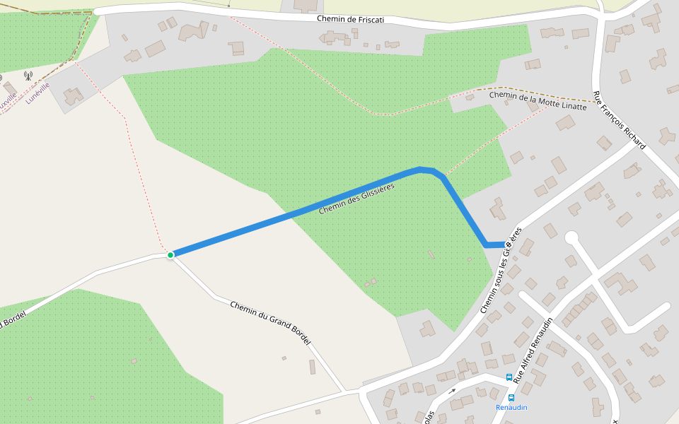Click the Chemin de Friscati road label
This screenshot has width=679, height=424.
tap(350, 20)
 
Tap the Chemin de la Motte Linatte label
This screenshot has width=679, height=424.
tap(538, 100)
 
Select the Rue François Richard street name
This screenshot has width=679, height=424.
tap(619, 120)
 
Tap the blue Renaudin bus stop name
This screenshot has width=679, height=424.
tap(511, 408)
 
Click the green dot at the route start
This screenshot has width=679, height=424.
tap(170, 254)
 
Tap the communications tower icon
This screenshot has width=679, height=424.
tap(28, 75)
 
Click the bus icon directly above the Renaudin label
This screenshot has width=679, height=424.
tap(511, 397)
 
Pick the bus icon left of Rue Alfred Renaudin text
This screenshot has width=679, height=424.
tap(509, 377)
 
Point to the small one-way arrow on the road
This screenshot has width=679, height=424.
tap(452, 390)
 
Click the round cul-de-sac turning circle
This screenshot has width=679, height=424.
tap(571, 237)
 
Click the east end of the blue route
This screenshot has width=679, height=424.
tap(504, 245)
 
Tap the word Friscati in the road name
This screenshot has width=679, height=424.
tap(369, 20)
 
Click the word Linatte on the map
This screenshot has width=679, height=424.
tap(574, 106)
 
